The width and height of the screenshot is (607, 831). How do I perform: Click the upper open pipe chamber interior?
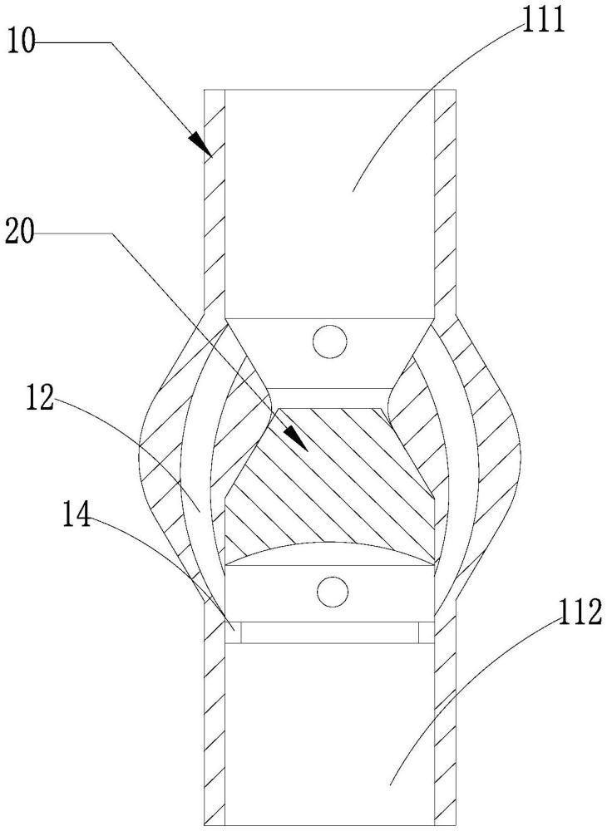pos(328,199)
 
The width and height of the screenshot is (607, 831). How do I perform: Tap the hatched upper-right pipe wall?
pos(445,199)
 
